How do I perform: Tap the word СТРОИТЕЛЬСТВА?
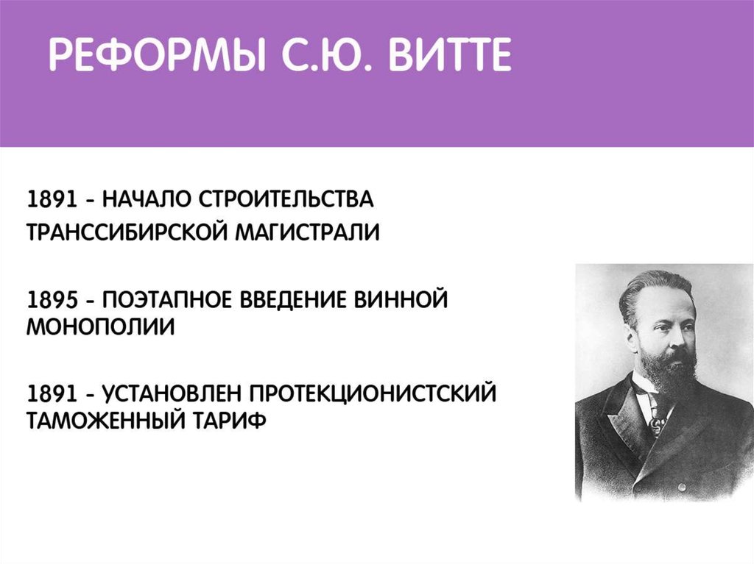pos(286,199)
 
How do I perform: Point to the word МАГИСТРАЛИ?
pos(308,232)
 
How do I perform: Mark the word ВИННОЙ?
pos(401,300)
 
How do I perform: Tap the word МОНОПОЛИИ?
pos(100,328)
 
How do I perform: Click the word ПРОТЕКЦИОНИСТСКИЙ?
pos(373,394)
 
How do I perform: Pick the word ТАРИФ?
pos(230,421)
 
